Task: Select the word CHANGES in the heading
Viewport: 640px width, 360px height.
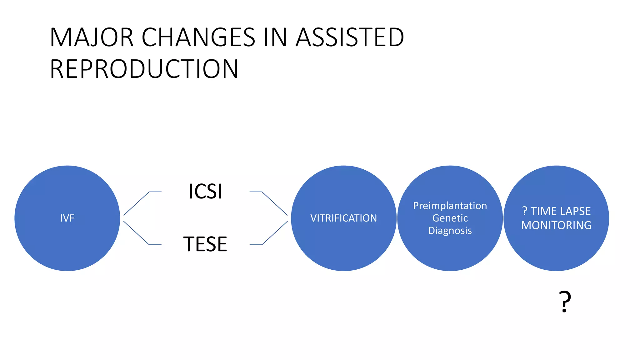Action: [x=198, y=37]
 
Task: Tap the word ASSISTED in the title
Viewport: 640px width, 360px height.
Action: [x=350, y=37]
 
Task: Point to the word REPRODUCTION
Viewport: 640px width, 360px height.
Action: [x=144, y=69]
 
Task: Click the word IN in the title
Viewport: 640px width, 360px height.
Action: [x=275, y=37]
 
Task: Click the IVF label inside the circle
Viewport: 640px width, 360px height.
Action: [x=67, y=218]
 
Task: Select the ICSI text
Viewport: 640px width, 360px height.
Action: [x=205, y=191]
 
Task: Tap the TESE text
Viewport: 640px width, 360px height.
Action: [x=205, y=244]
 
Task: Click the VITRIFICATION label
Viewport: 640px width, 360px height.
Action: [x=343, y=218]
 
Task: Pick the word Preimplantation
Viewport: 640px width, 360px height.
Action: [x=450, y=206]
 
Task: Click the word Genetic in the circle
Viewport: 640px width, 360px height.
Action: [x=450, y=218]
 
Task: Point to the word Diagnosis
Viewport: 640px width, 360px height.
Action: [x=450, y=231]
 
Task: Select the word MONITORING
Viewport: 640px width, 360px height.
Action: [x=556, y=225]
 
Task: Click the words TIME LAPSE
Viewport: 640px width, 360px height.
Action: [x=561, y=211]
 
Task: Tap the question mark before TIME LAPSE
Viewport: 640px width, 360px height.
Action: [x=525, y=211]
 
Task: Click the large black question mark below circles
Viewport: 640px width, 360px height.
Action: [x=565, y=302]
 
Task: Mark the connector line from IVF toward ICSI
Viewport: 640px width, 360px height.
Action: [x=137, y=203]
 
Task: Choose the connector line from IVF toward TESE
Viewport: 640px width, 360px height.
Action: [x=137, y=233]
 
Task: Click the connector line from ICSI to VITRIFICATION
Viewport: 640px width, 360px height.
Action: [x=274, y=203]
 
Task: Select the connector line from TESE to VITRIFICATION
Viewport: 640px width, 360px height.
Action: [x=274, y=233]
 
